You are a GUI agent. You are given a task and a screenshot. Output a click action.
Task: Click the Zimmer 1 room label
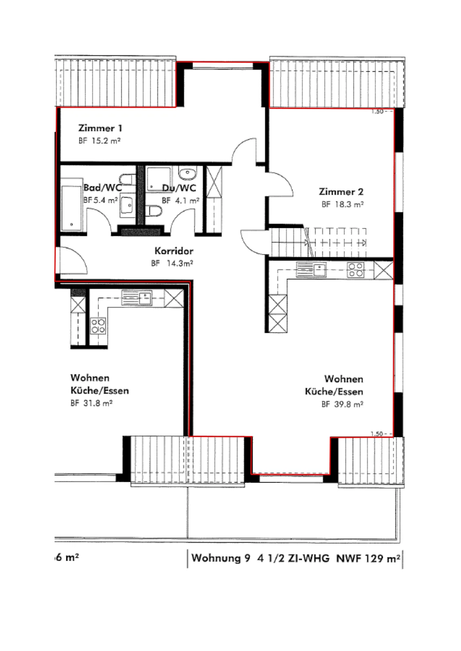[100, 128]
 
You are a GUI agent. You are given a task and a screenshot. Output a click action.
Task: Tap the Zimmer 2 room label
[341, 192]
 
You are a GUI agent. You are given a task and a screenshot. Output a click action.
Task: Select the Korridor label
[174, 251]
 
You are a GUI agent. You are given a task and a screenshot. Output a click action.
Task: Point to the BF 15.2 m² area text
[99, 141]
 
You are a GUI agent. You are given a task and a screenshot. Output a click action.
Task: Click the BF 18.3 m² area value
[342, 204]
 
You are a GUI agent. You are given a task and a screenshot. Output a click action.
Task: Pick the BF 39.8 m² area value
[342, 404]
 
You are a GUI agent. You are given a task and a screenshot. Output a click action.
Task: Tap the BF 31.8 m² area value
[91, 403]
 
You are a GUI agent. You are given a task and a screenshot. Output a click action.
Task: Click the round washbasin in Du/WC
[187, 173]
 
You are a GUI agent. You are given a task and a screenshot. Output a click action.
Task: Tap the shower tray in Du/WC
[158, 179]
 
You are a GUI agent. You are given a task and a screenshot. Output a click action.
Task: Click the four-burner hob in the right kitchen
[356, 270]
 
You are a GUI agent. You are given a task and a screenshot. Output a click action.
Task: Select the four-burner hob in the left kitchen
[98, 325]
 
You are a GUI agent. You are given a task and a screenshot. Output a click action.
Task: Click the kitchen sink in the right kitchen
[311, 269]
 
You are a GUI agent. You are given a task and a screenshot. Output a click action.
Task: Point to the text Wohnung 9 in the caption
[220, 558]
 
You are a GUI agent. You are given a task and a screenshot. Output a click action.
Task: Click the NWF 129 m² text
[368, 558]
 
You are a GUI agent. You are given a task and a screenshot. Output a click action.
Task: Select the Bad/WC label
[103, 188]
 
